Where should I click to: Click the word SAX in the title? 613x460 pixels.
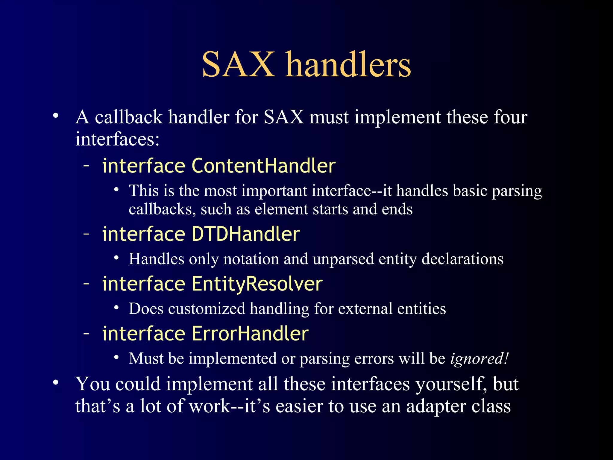238,64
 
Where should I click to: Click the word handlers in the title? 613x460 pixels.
348,64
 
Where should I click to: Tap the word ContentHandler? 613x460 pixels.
263,166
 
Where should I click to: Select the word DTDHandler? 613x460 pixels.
245,234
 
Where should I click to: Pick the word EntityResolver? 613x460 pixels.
257,284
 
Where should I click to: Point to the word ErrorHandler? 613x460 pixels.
250,333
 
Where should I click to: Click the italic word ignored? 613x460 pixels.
479,358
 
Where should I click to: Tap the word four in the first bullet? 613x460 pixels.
510,117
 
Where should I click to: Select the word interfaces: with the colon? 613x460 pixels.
117,139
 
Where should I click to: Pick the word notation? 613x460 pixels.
251,259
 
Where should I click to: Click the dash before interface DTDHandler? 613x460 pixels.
87,234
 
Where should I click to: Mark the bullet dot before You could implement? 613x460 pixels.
55,382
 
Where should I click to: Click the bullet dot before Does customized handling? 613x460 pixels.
116,308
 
